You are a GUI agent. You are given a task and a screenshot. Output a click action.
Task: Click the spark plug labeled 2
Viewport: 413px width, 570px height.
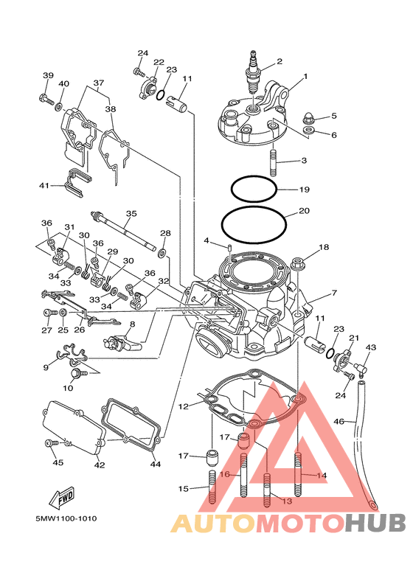coord(253,74)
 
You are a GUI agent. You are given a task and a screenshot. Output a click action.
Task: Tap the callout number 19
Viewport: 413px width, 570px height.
coord(304,190)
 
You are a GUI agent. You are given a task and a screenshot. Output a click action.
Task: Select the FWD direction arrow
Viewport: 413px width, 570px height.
coord(62,496)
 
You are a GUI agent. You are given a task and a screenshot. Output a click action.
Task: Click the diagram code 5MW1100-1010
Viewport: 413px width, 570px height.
coord(66,518)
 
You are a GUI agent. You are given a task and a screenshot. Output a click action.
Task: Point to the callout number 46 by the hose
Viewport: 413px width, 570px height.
coord(339,422)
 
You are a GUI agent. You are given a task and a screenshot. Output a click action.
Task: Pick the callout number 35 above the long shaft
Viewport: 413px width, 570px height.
coord(131,213)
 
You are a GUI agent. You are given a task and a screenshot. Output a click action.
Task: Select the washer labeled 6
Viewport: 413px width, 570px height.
coord(309,130)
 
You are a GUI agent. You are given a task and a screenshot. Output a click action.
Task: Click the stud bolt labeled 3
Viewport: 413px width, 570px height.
coord(274,160)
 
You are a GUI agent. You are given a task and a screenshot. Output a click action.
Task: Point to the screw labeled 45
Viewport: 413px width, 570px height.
coord(52,443)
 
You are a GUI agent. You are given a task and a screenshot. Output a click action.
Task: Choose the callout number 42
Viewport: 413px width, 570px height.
coord(100,465)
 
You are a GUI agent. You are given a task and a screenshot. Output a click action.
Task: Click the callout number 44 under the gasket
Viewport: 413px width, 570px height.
coord(156,465)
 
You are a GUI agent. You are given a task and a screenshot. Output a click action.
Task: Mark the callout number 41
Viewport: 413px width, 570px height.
coord(44,186)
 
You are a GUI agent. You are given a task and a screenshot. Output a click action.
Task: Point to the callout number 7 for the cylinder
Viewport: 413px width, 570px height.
coord(334,293)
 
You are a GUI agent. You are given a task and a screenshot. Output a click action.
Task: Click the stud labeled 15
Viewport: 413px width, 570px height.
coord(212,487)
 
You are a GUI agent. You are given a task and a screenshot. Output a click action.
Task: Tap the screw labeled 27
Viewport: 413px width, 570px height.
coord(50,312)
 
